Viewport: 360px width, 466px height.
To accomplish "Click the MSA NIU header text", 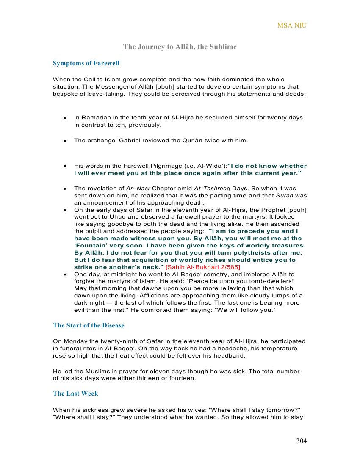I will [x=292, y=25].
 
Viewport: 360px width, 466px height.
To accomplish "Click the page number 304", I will [x=301, y=441].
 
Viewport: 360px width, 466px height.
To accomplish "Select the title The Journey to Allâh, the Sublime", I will [x=180, y=47].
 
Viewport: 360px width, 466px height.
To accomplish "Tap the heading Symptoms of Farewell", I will [x=86, y=63].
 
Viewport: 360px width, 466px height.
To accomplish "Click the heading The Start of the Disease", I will [x=89, y=325].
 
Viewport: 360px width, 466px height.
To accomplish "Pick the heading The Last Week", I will [x=75, y=394].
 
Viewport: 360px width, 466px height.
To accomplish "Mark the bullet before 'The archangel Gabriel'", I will [x=65, y=141].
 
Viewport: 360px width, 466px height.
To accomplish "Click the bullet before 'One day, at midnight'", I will [x=65, y=275].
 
